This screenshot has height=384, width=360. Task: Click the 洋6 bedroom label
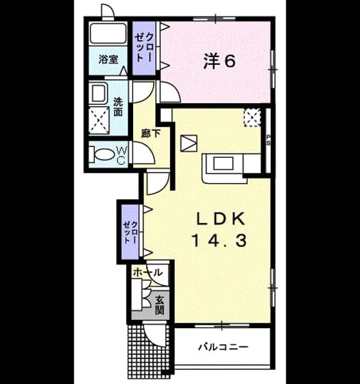click(220, 61)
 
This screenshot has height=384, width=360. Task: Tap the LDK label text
click(221, 218)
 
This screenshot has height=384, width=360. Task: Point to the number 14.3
click(218, 240)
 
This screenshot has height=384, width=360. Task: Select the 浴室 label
click(109, 59)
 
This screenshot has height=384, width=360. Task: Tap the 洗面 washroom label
click(118, 107)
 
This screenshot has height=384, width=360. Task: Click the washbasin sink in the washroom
click(98, 94)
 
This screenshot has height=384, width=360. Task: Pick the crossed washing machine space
click(98, 120)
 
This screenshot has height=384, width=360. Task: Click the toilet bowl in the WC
click(101, 154)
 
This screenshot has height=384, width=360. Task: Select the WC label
click(122, 155)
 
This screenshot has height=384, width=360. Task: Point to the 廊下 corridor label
click(151, 133)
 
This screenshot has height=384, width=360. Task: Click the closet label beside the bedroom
click(144, 47)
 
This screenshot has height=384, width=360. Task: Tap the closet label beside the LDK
click(130, 232)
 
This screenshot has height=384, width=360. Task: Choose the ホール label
click(148, 272)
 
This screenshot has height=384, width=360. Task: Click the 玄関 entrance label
click(160, 305)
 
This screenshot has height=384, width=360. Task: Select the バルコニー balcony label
click(223, 347)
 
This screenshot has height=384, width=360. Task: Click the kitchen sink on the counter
click(223, 163)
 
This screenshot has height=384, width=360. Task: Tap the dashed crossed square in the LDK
click(252, 118)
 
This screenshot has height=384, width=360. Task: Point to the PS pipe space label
click(268, 140)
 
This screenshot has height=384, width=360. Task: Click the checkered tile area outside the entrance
click(149, 350)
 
